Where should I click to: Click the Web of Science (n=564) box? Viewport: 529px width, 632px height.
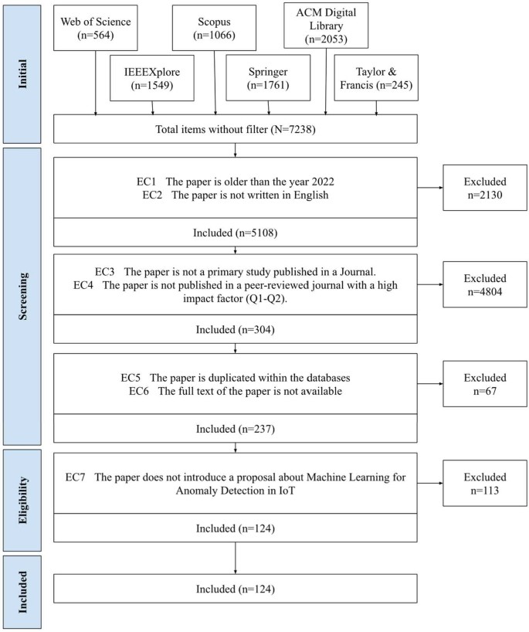96,27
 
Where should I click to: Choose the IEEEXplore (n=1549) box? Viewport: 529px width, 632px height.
157,79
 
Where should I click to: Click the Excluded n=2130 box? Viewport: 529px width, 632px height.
483,187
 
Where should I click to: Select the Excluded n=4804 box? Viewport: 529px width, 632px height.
483,285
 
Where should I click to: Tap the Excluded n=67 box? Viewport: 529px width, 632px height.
483,383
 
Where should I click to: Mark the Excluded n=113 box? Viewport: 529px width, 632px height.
483,482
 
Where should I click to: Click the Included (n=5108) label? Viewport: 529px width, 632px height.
235,232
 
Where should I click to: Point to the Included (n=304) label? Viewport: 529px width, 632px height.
235,331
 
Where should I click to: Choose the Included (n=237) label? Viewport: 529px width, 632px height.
235,429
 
